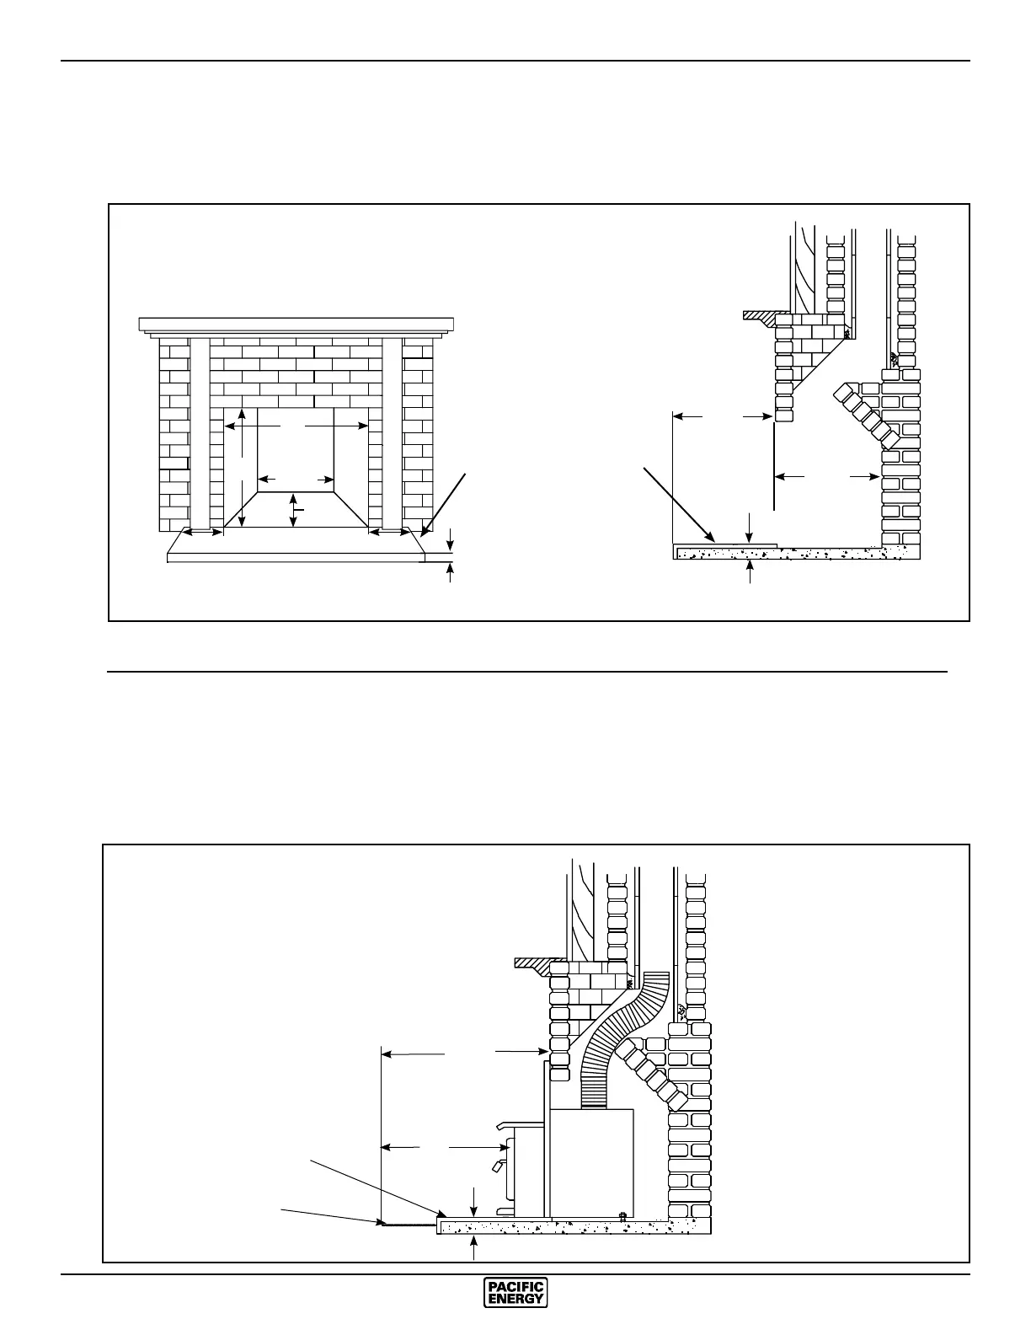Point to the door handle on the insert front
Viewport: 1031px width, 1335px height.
(x=497, y=1166)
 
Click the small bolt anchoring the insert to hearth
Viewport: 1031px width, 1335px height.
(x=622, y=1215)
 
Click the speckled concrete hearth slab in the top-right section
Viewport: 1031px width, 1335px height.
(x=792, y=554)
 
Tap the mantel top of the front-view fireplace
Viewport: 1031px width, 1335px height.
(x=296, y=324)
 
